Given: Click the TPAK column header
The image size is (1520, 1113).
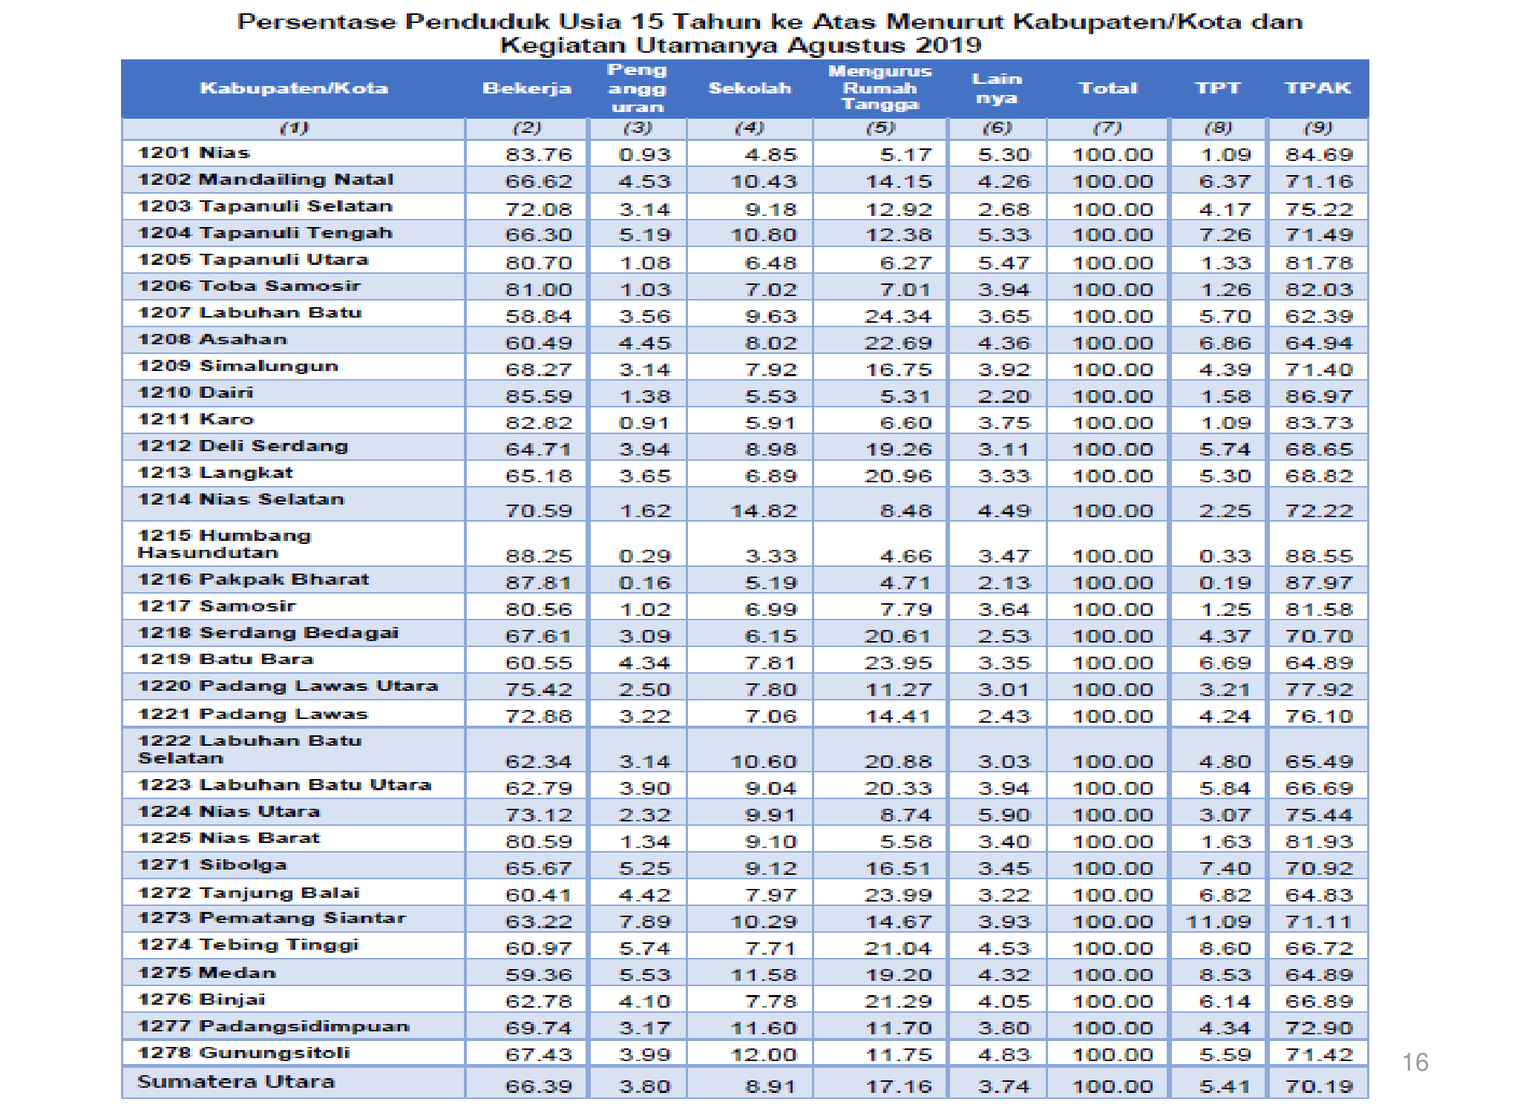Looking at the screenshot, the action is click(x=1318, y=88).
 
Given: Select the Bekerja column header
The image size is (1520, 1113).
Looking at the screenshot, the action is click(x=527, y=88).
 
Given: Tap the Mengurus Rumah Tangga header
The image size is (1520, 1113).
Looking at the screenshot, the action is click(x=880, y=88).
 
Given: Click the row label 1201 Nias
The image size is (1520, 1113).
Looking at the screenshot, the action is click(x=194, y=153).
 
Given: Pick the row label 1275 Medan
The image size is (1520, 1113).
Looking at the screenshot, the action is click(x=207, y=973).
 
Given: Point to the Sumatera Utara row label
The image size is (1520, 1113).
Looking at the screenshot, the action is click(x=236, y=1082).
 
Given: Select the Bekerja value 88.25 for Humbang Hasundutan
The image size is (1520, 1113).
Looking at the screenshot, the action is click(x=539, y=556).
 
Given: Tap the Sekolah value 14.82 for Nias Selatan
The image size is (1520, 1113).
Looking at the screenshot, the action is click(x=764, y=510).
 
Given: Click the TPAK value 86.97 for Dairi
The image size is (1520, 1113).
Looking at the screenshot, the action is click(x=1319, y=396).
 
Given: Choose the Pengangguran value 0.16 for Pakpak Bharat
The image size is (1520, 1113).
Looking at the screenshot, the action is click(x=644, y=582).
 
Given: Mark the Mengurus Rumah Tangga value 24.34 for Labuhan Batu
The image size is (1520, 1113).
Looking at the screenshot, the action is click(x=898, y=316).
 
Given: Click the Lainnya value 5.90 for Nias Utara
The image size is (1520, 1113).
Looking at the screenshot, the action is click(x=1004, y=815).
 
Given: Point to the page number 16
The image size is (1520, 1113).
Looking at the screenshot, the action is click(x=1415, y=1063).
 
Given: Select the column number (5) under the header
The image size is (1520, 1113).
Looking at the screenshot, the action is click(x=880, y=128).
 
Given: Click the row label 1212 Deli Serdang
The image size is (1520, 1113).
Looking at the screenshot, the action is click(x=243, y=446).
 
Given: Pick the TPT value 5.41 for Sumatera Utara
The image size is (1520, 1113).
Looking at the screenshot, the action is click(x=1225, y=1086).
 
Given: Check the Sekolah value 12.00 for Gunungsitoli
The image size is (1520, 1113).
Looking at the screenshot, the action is click(x=764, y=1054).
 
